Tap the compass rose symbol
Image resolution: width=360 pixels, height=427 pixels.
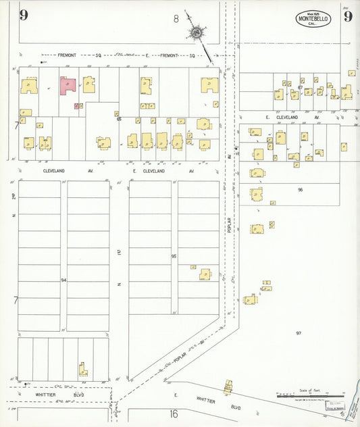tap(196, 32)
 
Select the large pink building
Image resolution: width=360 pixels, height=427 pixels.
tap(68, 84)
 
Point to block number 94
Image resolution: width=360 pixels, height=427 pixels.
tap(63, 280)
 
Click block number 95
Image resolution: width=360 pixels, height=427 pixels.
tap(174, 257)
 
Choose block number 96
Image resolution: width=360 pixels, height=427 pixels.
tap(300, 190)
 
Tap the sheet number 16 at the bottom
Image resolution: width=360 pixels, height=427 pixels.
tap(174, 413)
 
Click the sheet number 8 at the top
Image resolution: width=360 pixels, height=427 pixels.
tap(176, 18)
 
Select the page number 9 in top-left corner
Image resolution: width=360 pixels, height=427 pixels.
tap(24, 16)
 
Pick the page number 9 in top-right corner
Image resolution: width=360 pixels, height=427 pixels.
tap(347, 16)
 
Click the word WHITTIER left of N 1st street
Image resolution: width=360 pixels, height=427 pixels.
tap(46, 394)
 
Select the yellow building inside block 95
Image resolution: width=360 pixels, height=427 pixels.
tap(205, 274)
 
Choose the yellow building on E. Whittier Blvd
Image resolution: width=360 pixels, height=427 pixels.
tap(228, 386)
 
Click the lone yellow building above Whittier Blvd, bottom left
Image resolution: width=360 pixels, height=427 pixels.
tap(82, 370)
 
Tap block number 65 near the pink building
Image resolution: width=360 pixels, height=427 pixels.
tap(119, 119)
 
